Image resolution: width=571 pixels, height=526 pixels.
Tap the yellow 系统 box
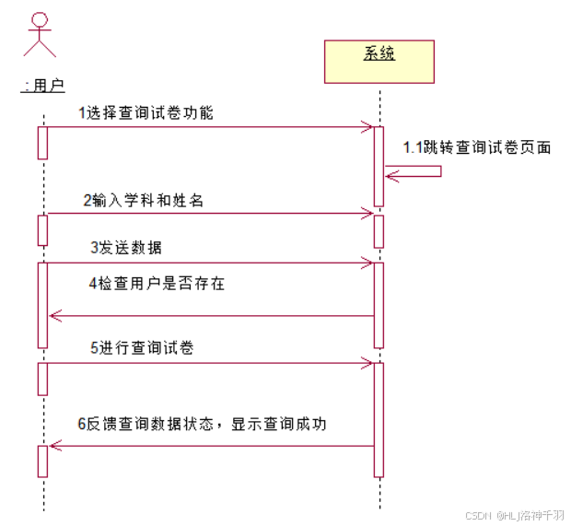click(x=379, y=61)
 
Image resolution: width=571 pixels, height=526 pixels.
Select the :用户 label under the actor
click(x=43, y=86)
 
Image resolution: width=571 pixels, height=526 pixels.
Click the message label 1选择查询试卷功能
click(x=146, y=112)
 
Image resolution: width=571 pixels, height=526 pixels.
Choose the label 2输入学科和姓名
click(x=143, y=199)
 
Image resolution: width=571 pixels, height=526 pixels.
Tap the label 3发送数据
click(x=127, y=247)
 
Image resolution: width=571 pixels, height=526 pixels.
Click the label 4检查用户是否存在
click(x=157, y=284)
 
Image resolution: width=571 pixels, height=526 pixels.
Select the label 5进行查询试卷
click(x=141, y=348)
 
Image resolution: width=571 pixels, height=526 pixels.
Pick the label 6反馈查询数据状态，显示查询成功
click(x=202, y=424)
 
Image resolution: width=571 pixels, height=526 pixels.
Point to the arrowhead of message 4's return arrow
click(x=54, y=316)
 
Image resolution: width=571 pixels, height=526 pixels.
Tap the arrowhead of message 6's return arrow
click(x=54, y=446)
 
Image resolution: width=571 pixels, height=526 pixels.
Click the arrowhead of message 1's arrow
click(x=367, y=127)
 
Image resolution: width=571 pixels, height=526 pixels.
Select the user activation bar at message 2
click(x=42, y=229)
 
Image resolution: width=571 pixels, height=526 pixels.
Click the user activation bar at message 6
click(x=42, y=461)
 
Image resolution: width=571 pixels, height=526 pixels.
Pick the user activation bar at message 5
click(x=42, y=379)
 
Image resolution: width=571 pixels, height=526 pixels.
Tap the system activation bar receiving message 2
click(x=379, y=230)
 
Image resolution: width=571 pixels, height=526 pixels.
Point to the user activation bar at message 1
click(x=42, y=142)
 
